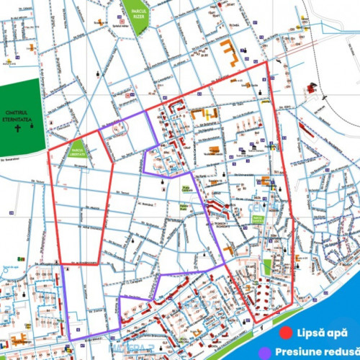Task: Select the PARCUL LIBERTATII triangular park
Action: pyautogui.click(x=77, y=151)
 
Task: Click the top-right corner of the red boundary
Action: pyautogui.click(x=268, y=62)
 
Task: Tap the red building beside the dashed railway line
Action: pyautogui.click(x=312, y=88)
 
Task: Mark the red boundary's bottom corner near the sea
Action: pyautogui.click(x=253, y=321)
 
